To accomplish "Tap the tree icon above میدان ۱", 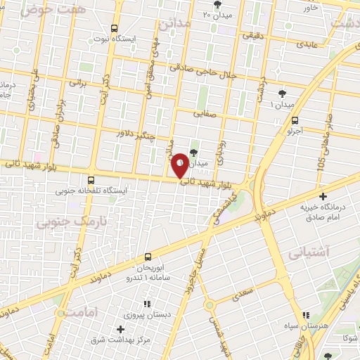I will point(283,93).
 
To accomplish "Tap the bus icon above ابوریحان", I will point(148,257).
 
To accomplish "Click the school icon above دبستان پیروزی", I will point(147,304).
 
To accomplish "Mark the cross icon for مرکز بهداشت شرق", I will point(121,329).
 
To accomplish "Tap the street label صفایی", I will point(206,110).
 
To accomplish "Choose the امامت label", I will point(74,314).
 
